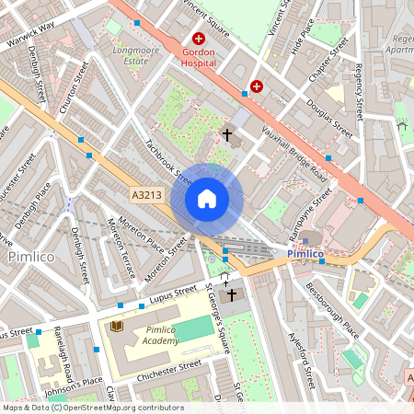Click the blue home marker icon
coord(207,199)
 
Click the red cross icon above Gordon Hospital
coord(198,39)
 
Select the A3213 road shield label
coord(146,195)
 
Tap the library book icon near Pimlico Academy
coord(116,326)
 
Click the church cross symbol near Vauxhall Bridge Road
coord(226,135)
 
